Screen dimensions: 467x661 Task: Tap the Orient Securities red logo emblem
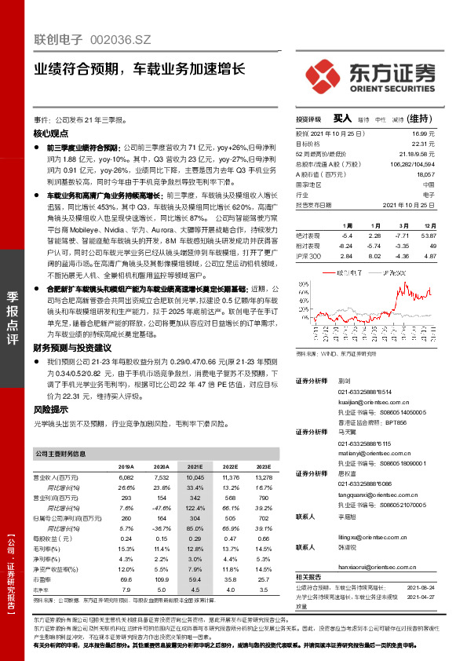tap(321, 72)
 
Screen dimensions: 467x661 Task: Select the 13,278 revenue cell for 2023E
tap(264, 477)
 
